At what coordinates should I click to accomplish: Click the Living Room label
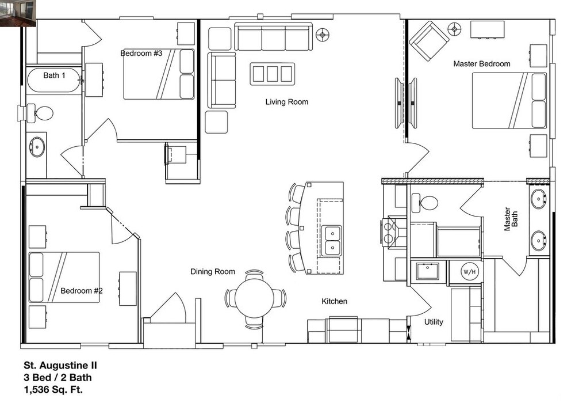tap(287, 102)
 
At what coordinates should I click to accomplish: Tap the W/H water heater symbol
tap(469, 272)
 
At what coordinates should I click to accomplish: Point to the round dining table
tap(254, 297)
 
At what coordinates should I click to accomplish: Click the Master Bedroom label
tap(481, 64)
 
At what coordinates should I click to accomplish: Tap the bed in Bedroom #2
tap(64, 278)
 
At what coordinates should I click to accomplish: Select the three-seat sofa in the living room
tap(273, 37)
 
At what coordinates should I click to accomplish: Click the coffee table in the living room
tap(273, 74)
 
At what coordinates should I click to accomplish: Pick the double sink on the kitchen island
tap(332, 241)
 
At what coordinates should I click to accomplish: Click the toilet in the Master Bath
tap(425, 203)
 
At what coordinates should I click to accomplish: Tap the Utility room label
tap(434, 322)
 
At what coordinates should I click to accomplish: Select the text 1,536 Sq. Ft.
tap(53, 389)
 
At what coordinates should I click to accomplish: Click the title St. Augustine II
tap(60, 365)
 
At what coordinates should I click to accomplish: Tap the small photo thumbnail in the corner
tap(18, 14)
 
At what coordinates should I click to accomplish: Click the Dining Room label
tap(213, 271)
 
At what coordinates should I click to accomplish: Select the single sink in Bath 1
tap(37, 147)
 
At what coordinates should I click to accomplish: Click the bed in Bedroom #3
tap(159, 74)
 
